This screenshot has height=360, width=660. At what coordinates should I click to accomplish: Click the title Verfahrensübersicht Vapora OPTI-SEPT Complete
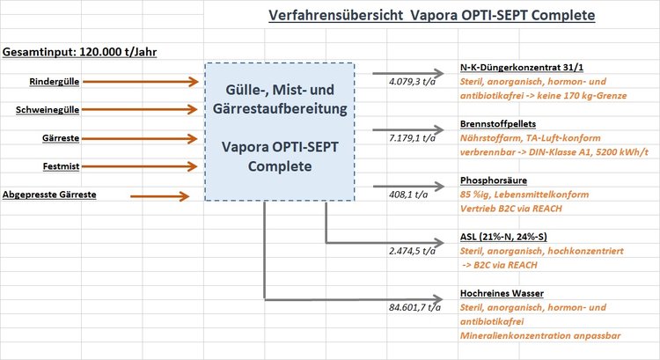point(432,16)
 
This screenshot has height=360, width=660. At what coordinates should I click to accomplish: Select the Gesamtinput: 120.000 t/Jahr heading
point(79,52)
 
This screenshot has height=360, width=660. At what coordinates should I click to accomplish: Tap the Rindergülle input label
point(55,82)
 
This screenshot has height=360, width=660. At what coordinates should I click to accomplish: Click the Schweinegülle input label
point(48,110)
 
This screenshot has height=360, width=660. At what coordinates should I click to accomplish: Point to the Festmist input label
point(61,166)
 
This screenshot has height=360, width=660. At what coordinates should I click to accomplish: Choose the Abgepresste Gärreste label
point(49,195)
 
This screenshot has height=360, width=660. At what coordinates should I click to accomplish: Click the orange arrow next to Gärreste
point(139,138)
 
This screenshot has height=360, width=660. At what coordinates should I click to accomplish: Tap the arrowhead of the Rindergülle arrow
point(194,82)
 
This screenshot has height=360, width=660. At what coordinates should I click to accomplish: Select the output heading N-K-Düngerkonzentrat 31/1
point(522,68)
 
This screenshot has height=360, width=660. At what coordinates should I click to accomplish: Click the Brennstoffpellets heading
point(498,124)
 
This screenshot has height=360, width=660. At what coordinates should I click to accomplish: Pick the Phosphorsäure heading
point(494,180)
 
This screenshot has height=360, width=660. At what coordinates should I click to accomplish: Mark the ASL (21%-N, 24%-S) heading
point(503,237)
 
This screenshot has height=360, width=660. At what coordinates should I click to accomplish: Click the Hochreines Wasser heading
point(502,293)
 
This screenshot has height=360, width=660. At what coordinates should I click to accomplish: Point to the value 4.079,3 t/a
point(412,82)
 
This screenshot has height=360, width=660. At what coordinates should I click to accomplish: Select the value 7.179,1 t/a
point(412,138)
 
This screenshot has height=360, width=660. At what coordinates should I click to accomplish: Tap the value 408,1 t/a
point(408,195)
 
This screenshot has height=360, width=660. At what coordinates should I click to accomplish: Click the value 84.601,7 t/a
point(415,307)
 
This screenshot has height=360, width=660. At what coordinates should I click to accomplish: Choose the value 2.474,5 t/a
point(412,251)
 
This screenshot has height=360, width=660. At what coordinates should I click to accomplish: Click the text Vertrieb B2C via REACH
point(511,209)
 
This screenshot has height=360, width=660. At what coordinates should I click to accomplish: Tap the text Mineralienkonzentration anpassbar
point(540,335)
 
